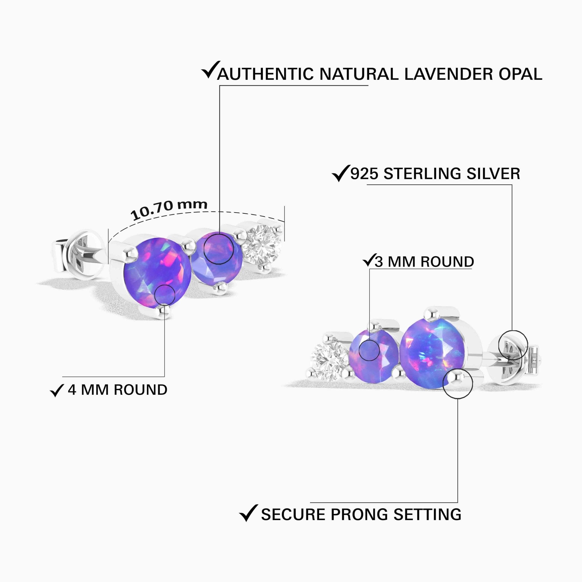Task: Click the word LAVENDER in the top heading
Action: pos(449,74)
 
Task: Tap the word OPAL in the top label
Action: pos(520,74)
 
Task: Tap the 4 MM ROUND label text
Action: pos(117,390)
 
